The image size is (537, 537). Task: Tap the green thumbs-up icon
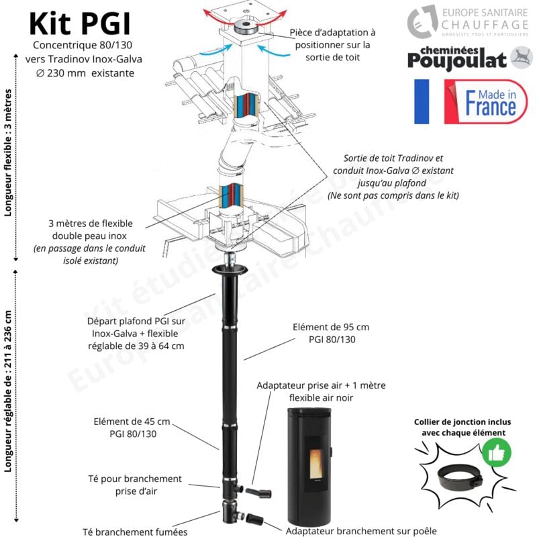coord(496,453)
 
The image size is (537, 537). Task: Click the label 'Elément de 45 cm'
coord(132,428)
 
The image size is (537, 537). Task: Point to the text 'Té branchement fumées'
coord(135,531)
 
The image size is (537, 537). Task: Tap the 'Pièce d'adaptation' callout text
coord(333,44)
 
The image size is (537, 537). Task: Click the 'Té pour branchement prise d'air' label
coord(135,485)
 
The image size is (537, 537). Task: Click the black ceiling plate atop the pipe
coord(229,270)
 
